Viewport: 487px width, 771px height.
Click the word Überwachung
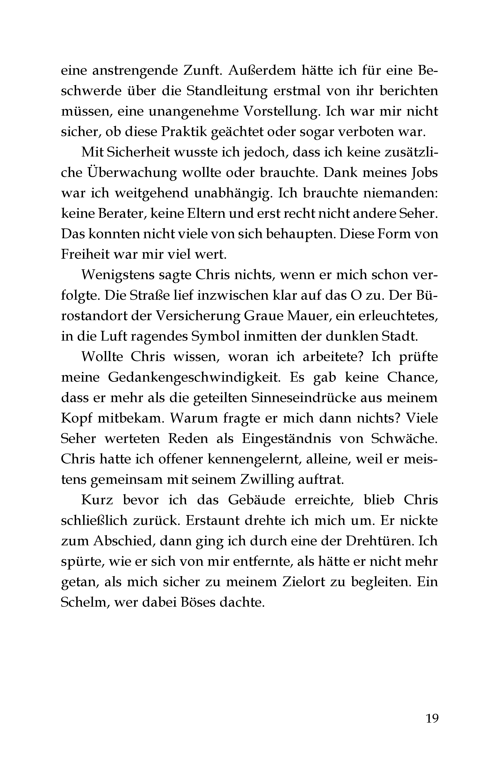[131, 173]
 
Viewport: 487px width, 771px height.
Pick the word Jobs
[422, 173]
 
